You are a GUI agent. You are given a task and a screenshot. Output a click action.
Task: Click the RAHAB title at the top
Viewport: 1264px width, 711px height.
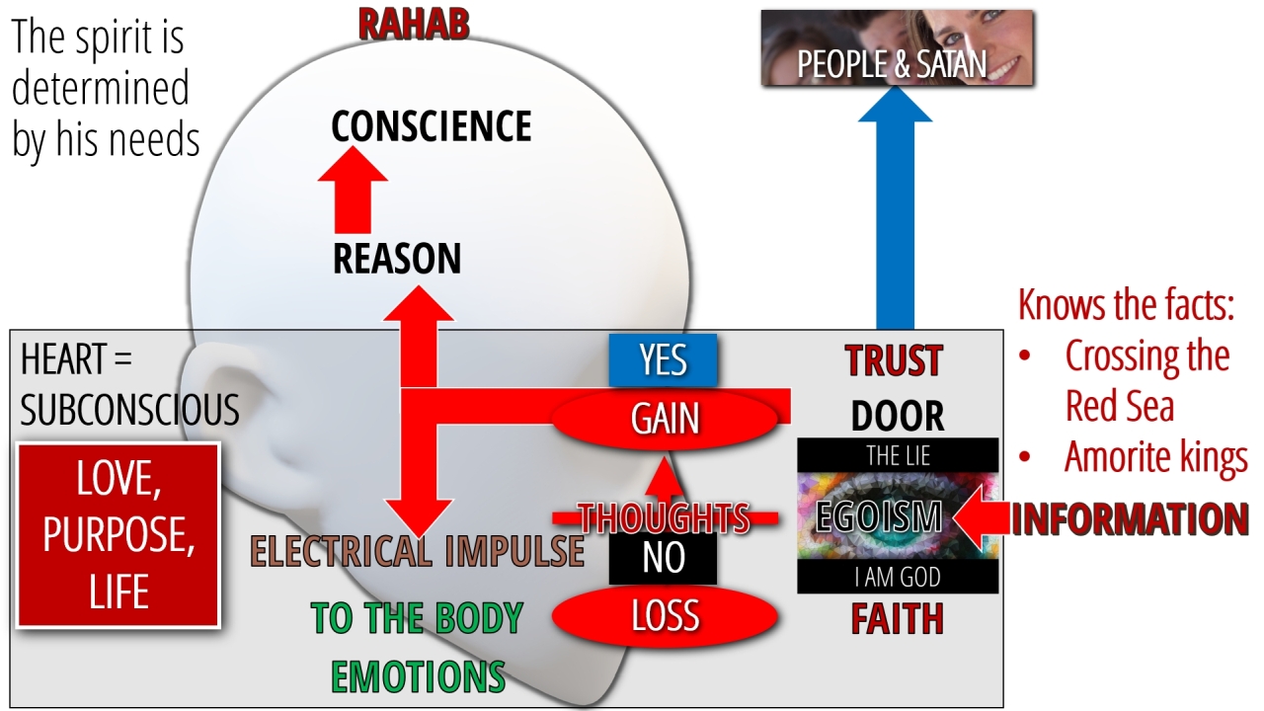[412, 24]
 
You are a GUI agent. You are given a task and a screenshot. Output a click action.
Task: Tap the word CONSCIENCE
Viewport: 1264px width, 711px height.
[431, 126]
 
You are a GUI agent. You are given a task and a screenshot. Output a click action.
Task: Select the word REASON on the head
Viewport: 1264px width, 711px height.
[397, 259]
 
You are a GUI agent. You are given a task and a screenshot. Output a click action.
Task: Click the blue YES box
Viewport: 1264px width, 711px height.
[663, 360]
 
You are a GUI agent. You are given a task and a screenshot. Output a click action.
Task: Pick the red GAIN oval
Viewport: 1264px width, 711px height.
[665, 419]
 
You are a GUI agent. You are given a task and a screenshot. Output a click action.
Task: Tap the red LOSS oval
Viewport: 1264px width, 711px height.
[665, 616]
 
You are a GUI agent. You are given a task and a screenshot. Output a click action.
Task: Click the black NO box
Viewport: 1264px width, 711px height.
[663, 558]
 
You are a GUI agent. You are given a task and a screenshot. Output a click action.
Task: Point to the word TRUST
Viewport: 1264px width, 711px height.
[895, 361]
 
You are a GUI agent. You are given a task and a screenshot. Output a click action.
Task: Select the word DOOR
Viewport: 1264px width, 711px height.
[897, 417]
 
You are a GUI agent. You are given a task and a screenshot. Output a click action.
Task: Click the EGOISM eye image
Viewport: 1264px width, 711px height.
[898, 516]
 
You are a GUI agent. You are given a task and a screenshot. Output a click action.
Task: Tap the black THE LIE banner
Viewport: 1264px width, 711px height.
[898, 455]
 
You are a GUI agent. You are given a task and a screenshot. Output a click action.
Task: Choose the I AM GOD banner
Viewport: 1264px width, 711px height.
[898, 577]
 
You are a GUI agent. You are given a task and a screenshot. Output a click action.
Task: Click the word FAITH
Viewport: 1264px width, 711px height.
[897, 619]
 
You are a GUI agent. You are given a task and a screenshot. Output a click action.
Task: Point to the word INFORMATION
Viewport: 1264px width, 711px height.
[1129, 519]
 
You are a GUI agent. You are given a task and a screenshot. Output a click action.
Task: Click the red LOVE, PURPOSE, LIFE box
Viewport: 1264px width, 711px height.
[118, 535]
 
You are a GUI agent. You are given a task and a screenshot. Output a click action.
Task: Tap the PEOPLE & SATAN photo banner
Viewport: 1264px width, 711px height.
[897, 48]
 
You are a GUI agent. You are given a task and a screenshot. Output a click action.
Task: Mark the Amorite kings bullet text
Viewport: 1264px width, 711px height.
[1155, 458]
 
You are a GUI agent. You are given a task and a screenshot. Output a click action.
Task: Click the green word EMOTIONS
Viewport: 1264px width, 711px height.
[418, 676]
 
